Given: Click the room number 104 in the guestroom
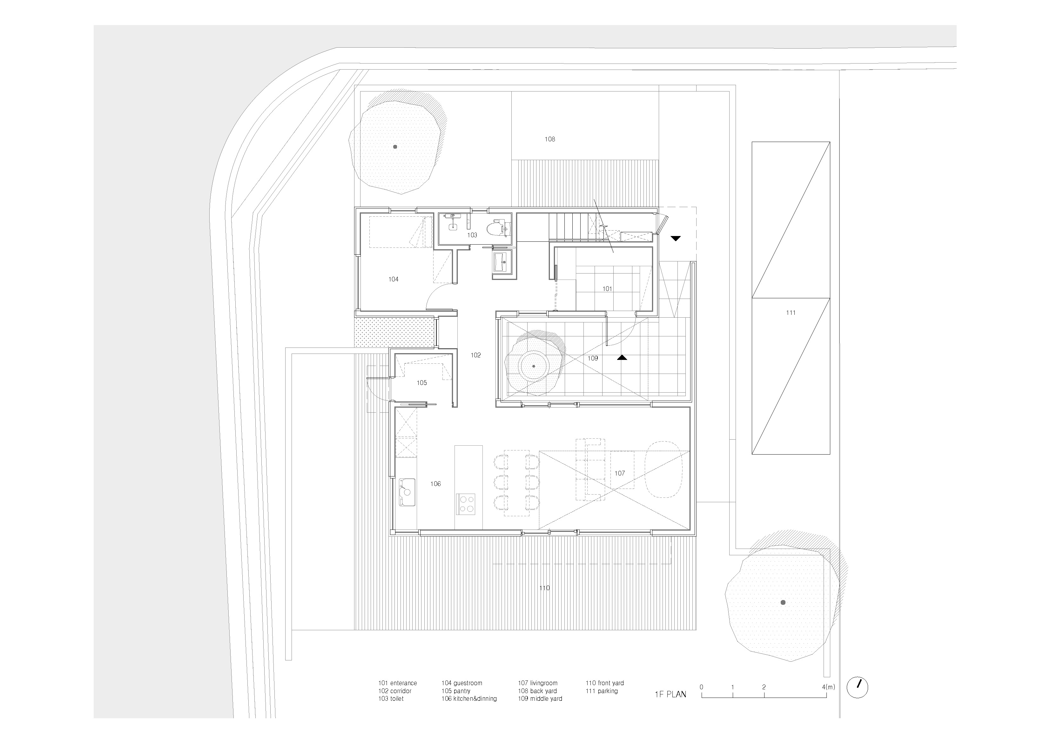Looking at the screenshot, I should [x=393, y=279].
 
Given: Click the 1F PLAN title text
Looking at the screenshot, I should [x=670, y=694].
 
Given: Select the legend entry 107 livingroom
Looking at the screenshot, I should [x=537, y=683].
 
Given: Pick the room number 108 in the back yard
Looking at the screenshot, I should [x=550, y=139].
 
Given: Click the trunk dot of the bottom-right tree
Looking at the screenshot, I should [x=783, y=603].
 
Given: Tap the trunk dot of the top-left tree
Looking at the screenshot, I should [x=395, y=147].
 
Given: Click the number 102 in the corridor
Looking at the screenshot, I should [x=475, y=355].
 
